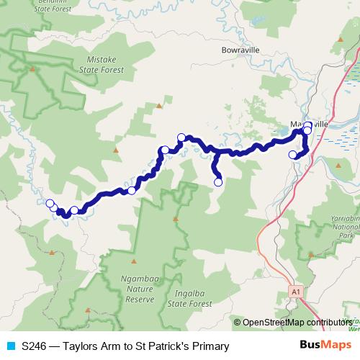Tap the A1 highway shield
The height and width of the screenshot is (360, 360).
[295, 291]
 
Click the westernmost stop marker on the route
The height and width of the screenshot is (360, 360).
[50, 204]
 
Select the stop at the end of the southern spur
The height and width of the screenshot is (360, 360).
[218, 182]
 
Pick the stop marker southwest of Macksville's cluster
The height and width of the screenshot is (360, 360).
[292, 155]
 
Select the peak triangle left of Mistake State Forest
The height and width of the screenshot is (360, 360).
[32, 69]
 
